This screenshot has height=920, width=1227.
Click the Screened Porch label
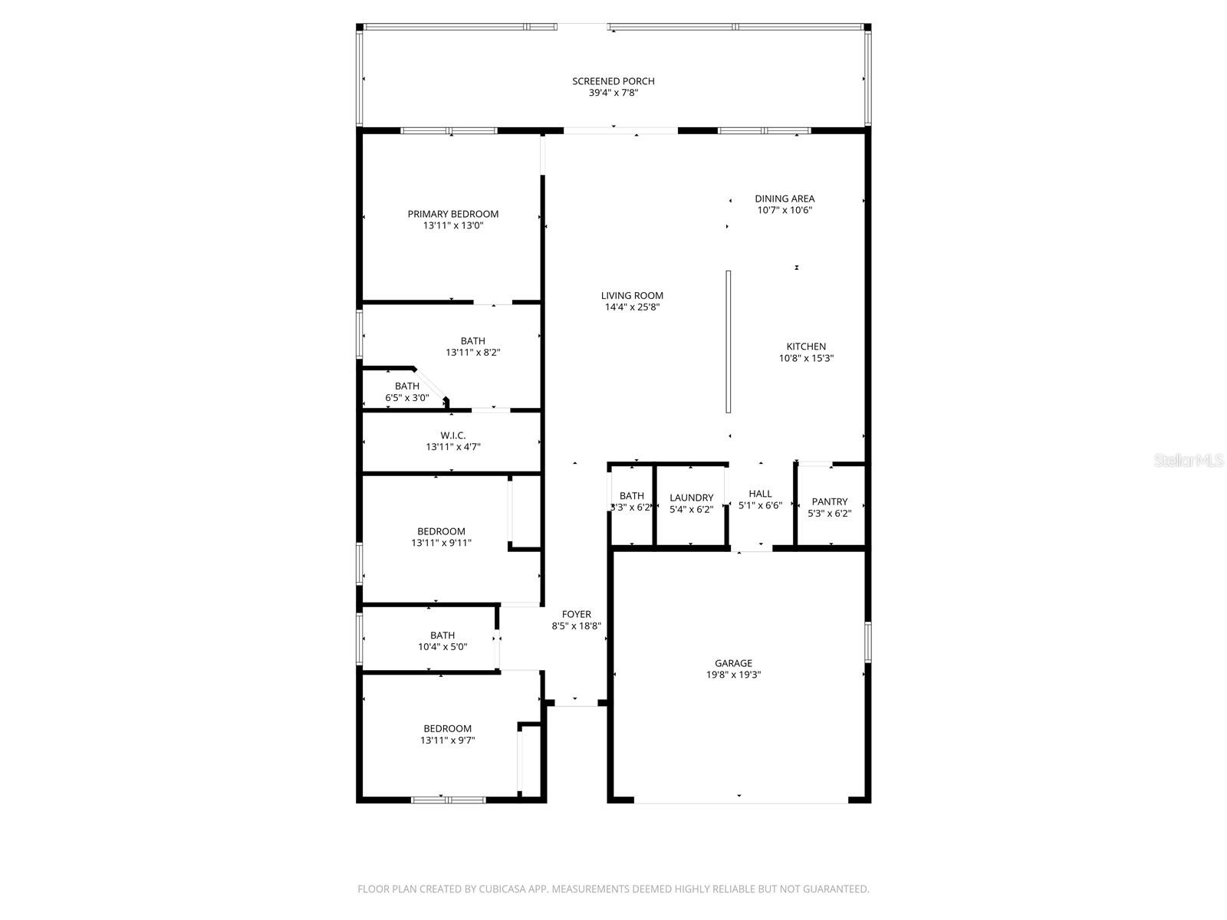coord(613,81)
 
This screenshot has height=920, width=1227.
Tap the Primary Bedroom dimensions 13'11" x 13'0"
coord(452,226)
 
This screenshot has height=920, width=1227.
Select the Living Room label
coord(632,296)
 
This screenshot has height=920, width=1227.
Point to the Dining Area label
coord(784,199)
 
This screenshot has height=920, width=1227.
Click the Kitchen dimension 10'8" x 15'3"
coord(806,358)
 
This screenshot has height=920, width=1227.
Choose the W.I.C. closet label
coord(452,435)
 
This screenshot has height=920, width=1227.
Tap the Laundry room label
coord(691,498)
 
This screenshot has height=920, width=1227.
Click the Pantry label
coord(829,501)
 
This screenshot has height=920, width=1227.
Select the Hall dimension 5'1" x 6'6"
coord(760,506)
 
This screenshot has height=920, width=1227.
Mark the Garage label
coord(733,663)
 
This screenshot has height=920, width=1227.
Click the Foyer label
coord(576,614)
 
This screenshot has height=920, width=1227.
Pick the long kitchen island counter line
coord(729,341)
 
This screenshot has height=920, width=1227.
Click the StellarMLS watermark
coord(1189,460)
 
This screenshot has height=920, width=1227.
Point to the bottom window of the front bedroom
coord(449,800)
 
